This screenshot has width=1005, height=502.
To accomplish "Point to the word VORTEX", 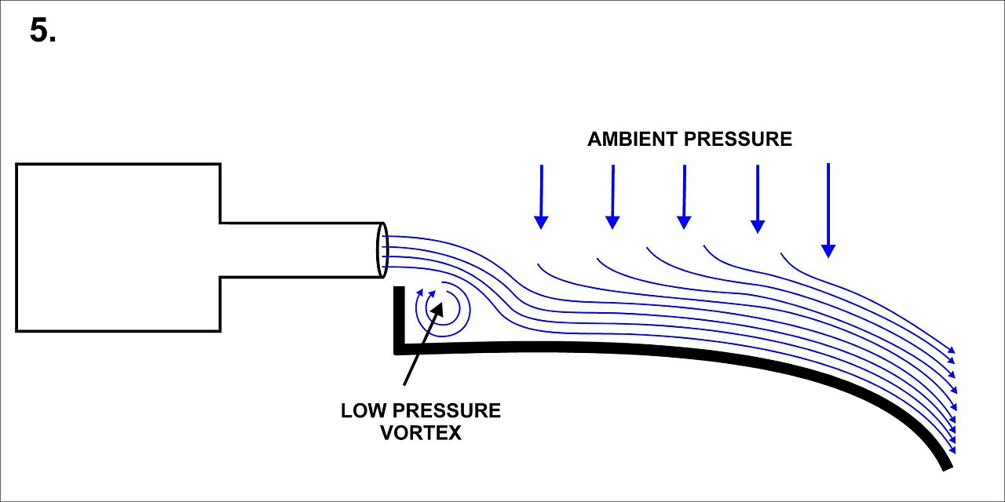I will coord(421,433).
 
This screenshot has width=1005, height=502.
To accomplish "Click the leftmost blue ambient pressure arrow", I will coord(540,196).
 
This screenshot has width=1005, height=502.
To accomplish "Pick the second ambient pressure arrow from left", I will coord(612,197).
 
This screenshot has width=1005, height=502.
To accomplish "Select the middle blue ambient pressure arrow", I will coord(685,197).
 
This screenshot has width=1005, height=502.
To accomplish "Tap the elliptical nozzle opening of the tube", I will coord(382,249).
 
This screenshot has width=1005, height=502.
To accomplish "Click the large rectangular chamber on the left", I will coord(118,247).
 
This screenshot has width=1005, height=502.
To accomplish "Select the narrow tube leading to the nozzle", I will coord(298,249).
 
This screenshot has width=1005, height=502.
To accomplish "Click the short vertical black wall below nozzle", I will coord(399,318).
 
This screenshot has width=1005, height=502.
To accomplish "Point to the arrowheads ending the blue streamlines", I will coord(953,400).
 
